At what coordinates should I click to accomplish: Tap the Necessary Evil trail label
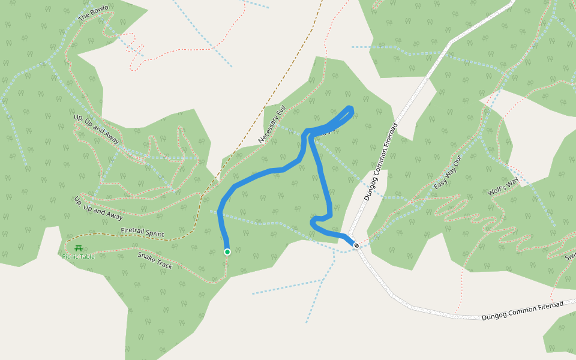[272, 124]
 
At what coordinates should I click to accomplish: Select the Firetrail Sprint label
[142, 232]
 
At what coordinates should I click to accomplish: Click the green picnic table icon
[78, 248]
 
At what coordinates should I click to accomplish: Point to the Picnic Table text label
[78, 257]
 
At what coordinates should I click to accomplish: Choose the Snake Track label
[155, 260]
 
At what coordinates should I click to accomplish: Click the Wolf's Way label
[503, 187]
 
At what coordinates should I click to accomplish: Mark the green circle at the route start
[227, 252]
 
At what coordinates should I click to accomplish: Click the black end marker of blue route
[356, 245]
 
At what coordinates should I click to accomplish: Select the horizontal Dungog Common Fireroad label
[523, 311]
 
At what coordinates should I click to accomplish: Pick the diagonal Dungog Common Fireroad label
[381, 162]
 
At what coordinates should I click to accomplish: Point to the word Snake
[147, 256]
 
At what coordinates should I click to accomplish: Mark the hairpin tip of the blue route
[350, 109]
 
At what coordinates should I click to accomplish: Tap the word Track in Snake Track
[163, 265]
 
